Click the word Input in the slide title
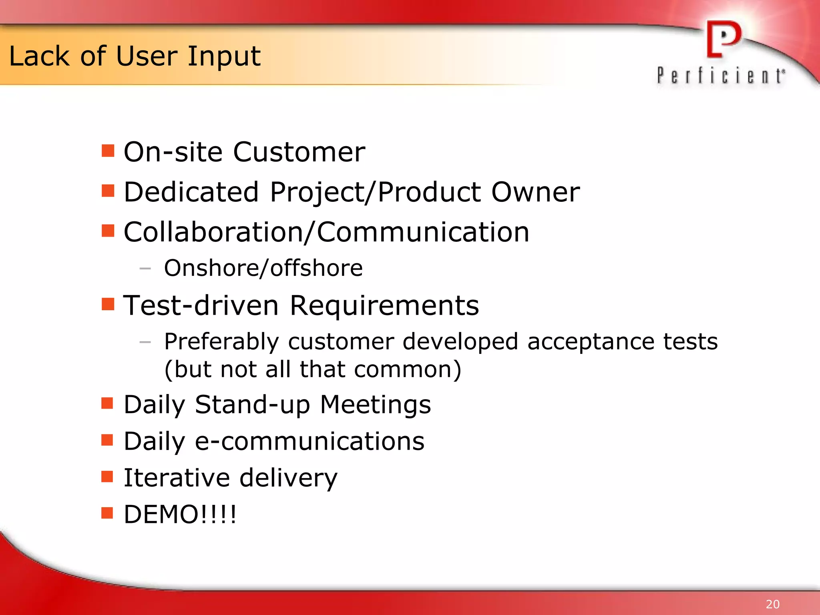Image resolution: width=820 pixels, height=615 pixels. tap(224, 57)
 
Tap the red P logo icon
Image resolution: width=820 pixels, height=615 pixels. tap(724, 40)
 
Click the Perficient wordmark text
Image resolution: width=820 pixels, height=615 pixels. tap(721, 76)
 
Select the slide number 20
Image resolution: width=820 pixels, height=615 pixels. tap(772, 604)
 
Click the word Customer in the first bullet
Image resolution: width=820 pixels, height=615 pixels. tap(299, 152)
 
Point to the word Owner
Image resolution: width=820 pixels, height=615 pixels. tap(535, 192)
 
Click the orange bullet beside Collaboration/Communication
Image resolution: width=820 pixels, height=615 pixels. tap(108, 231)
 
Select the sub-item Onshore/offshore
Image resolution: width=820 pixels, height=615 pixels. tap(263, 268)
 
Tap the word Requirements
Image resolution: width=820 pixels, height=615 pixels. tap(384, 305)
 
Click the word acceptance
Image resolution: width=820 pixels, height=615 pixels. tap(591, 342)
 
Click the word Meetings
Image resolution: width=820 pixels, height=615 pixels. tap(375, 404)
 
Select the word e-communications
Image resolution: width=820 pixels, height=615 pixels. tap(309, 441)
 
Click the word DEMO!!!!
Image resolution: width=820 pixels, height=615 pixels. tap(180, 514)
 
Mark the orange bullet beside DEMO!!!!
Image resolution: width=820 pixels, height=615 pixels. tap(107, 513)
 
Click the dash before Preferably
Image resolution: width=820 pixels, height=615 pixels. tap(145, 342)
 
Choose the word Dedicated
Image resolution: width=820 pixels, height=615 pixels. tap(191, 192)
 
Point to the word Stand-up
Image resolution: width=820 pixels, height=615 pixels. tap(252, 404)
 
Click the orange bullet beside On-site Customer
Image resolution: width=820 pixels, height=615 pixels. tap(108, 151)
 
